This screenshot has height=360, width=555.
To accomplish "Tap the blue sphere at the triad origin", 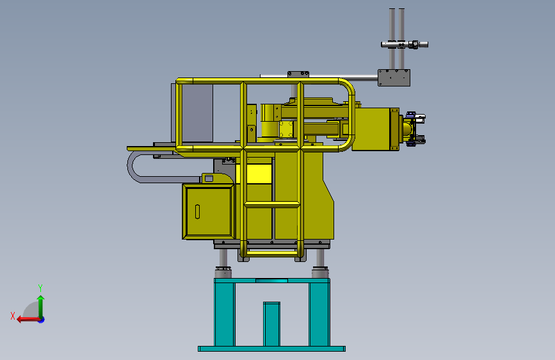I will point(41,319).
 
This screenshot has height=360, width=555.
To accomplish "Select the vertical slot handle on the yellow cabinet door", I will point(198,211).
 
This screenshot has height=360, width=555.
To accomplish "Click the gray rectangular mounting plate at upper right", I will point(394,78).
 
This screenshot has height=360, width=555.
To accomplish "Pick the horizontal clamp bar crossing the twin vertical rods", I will point(403,44).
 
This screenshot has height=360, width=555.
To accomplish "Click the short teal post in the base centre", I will point(272,323).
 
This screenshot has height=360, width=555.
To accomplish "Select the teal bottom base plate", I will point(271,349).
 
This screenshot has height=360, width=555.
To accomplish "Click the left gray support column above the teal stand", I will point(223,259).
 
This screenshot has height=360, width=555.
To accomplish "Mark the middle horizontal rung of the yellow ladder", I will point(272,205).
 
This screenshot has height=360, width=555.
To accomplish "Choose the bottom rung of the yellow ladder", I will point(272,253).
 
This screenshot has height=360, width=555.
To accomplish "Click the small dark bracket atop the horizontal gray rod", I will point(298,74).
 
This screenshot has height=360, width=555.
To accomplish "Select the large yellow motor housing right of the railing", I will point(375,129).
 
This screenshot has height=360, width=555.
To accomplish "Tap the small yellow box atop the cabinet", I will point(208,177).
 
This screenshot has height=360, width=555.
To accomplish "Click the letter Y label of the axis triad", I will point(40,288).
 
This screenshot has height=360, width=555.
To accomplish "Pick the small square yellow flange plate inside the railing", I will point(286,129).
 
